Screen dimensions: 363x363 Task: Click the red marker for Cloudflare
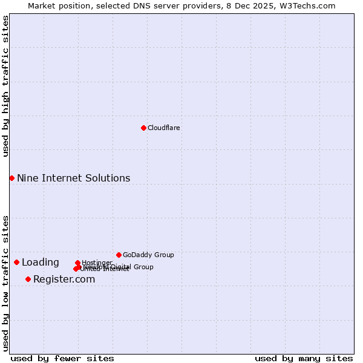click(143, 128)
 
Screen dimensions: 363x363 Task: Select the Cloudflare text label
click(164, 128)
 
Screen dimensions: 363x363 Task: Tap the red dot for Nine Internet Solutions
click(11, 178)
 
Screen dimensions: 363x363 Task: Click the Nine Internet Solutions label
click(73, 178)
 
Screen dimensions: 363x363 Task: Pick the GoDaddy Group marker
click(119, 255)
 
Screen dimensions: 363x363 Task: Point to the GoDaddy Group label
click(148, 255)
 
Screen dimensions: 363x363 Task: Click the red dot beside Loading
click(16, 262)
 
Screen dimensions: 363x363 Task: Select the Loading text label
click(41, 262)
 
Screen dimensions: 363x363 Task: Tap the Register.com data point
click(28, 279)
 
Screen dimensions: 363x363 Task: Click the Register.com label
click(64, 279)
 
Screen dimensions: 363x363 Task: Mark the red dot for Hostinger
click(77, 263)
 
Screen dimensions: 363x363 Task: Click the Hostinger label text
click(97, 263)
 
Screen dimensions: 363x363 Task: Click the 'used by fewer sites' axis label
click(62, 358)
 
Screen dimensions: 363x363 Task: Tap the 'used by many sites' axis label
click(304, 358)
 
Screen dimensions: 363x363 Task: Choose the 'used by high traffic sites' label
click(5, 86)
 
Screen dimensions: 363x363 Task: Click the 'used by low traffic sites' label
click(5, 283)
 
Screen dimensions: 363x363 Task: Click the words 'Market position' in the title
click(56, 5)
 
